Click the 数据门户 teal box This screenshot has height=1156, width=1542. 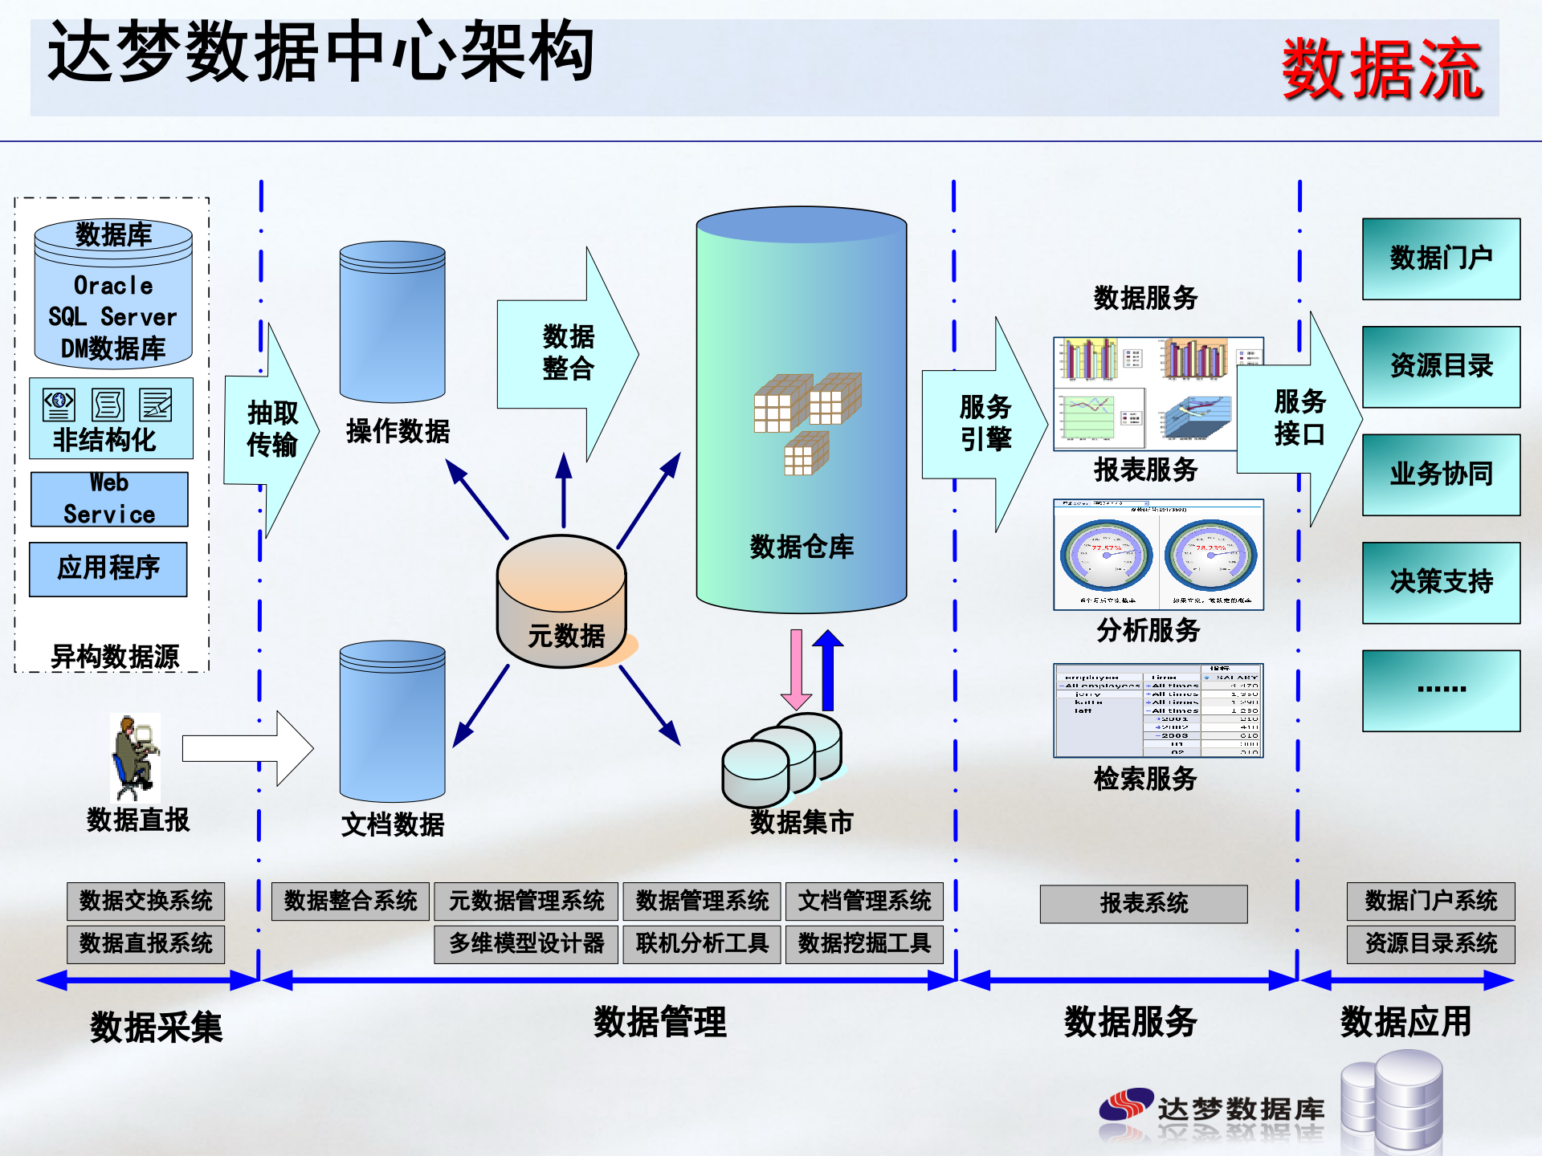tap(1441, 258)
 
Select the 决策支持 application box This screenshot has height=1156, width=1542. tap(1441, 582)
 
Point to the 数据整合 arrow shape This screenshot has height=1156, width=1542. tap(567, 353)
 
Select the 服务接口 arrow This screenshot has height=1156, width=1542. tap(1299, 418)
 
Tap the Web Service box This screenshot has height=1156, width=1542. tap(109, 499)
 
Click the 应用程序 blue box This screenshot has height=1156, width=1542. tap(108, 568)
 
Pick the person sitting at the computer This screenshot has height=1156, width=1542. tap(135, 758)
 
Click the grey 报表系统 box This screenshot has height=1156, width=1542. tap(1144, 904)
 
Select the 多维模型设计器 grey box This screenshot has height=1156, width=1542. tap(526, 943)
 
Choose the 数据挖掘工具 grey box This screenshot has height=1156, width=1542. tap(864, 943)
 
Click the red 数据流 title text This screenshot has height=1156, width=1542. tap(1382, 71)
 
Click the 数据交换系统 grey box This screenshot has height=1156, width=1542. tap(146, 901)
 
